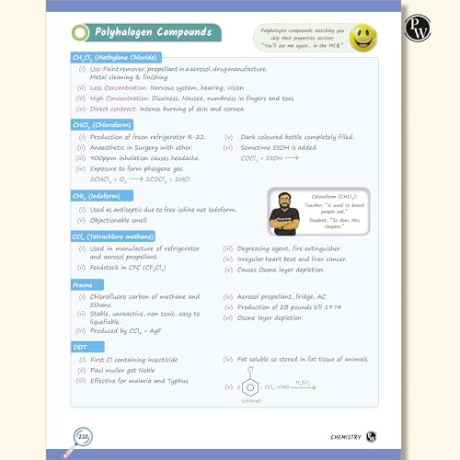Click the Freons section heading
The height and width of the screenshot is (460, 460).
(x=84, y=285)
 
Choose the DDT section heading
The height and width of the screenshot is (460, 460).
(x=80, y=348)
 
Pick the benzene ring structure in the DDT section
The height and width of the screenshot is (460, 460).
(x=249, y=388)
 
